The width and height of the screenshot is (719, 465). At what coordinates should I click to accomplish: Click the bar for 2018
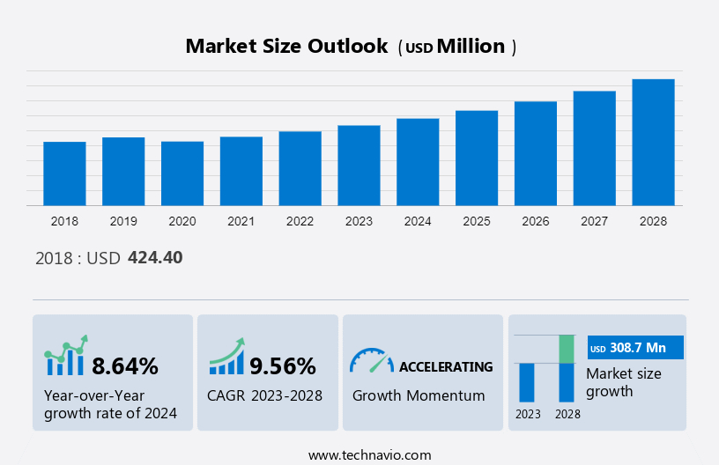(64, 173)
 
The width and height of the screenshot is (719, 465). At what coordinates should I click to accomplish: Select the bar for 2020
(182, 173)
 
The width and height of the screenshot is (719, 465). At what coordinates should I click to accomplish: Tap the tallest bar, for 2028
(653, 143)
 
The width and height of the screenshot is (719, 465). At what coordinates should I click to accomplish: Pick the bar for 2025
(477, 158)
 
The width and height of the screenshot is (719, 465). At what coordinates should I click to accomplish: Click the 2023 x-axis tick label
(359, 221)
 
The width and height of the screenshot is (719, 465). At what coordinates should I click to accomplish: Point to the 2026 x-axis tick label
(536, 221)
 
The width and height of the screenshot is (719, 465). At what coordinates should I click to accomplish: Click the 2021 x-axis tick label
(241, 221)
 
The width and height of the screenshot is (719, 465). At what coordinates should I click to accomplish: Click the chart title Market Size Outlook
(286, 47)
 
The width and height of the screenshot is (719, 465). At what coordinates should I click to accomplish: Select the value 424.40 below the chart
(155, 258)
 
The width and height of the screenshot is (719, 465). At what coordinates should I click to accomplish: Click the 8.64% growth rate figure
(125, 365)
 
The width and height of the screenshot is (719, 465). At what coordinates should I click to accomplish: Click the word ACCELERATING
(446, 366)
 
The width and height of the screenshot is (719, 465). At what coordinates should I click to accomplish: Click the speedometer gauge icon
(371, 360)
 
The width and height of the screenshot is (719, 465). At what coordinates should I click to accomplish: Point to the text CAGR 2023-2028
(264, 395)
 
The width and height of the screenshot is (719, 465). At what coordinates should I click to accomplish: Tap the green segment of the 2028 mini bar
(567, 349)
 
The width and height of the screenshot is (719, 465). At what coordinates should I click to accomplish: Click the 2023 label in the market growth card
(528, 413)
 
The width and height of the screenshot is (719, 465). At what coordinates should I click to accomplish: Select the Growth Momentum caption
(419, 395)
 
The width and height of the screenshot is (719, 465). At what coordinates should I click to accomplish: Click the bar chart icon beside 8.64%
(66, 357)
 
